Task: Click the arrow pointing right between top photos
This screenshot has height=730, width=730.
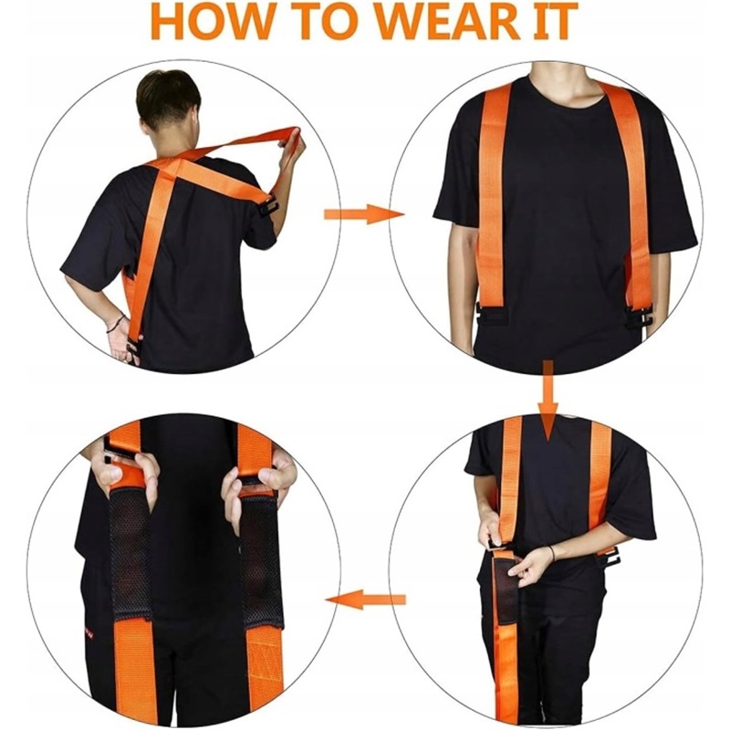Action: click(x=364, y=214)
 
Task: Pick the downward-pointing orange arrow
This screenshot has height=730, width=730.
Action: click(x=548, y=401)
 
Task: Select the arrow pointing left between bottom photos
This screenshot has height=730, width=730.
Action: click(x=366, y=600)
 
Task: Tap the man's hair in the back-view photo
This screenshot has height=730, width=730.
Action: click(x=168, y=97)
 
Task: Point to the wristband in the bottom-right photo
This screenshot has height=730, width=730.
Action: click(x=553, y=553)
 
